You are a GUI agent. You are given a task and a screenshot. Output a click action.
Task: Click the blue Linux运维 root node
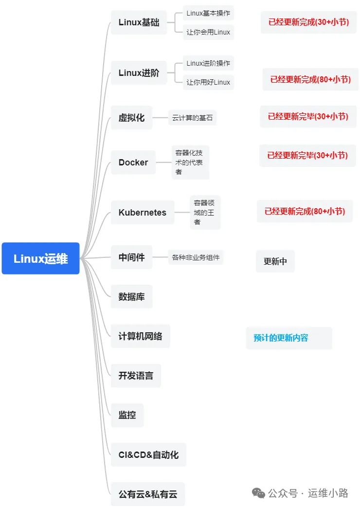(40, 258)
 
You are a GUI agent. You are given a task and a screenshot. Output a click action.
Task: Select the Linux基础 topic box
(139, 22)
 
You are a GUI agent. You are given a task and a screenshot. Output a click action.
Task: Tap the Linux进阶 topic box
(139, 73)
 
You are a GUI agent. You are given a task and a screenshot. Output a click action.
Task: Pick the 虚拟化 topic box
(131, 118)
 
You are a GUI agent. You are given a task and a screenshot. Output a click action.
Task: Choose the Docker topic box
(133, 163)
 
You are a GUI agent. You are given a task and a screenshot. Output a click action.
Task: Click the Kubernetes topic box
(142, 213)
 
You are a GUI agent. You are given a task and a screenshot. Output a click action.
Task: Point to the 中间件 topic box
(131, 257)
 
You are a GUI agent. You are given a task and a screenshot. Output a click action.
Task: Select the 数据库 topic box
(131, 296)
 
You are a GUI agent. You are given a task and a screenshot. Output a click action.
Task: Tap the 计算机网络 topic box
(140, 336)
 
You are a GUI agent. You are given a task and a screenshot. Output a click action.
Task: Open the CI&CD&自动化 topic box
(148, 455)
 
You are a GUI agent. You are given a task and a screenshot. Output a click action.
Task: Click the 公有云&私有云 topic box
(148, 494)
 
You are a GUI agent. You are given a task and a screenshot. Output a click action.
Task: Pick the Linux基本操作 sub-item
(208, 13)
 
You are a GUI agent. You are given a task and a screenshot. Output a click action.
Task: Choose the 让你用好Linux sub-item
(208, 82)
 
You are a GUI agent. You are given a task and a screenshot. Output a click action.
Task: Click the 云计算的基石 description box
(192, 118)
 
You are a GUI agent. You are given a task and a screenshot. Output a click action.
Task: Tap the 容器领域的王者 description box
(205, 212)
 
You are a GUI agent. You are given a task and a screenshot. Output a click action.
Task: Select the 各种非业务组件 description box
(196, 257)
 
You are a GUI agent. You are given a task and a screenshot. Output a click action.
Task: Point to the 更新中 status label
(275, 261)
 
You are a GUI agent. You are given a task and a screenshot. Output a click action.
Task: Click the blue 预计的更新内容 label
(281, 338)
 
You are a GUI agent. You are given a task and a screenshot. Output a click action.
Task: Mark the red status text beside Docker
(307, 156)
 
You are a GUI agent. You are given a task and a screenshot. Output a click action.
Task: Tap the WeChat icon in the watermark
(258, 493)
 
